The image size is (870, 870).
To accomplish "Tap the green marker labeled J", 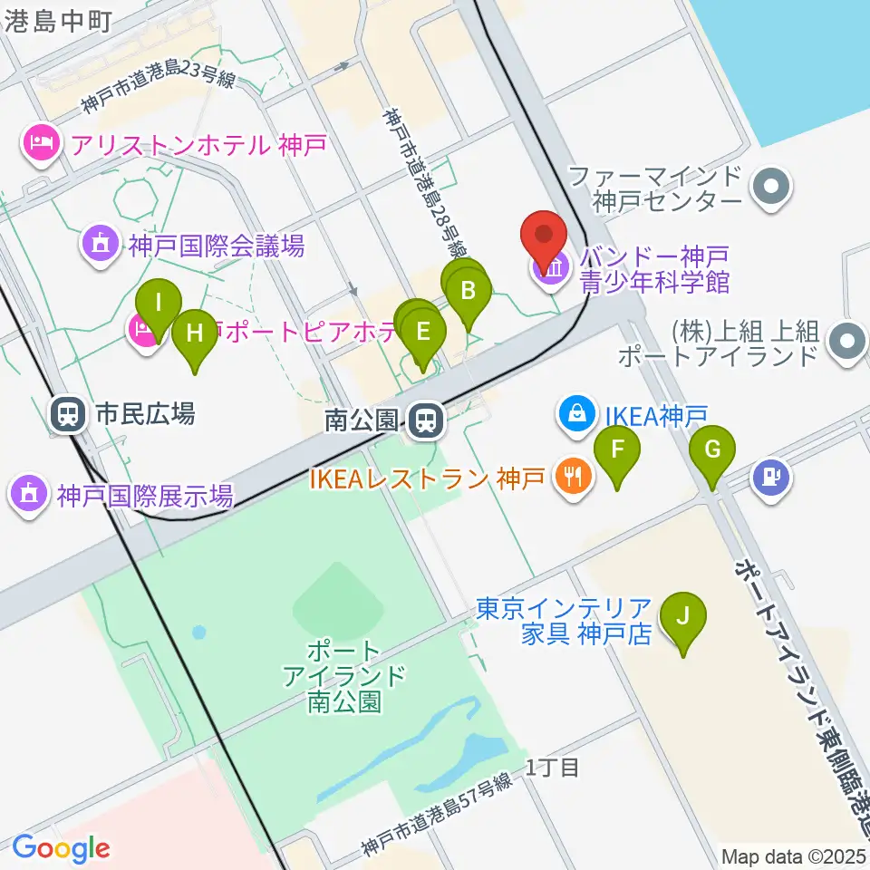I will (x=683, y=617).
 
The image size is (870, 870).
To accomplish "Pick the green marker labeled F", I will (x=617, y=449).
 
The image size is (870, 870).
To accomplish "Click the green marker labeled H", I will (x=195, y=333).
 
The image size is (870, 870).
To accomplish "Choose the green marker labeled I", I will (x=158, y=303).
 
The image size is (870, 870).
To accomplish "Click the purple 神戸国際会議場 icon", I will (x=101, y=245).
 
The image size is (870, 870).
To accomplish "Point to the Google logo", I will (x=60, y=848).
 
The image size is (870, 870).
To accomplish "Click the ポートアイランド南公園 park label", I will (x=343, y=676).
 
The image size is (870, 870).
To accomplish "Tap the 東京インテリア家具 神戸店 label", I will (x=564, y=620).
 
